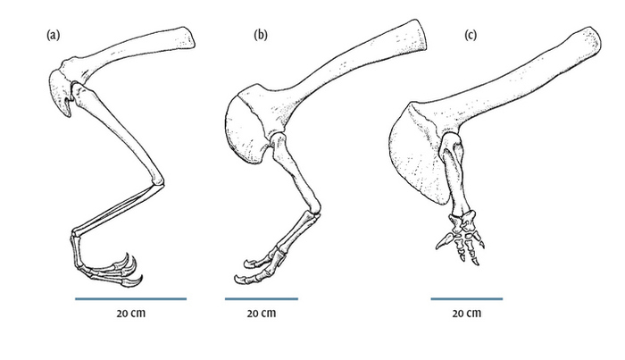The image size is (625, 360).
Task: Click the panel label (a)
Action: pyautogui.click(x=53, y=35)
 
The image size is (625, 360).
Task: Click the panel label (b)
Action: pyautogui.click(x=261, y=35)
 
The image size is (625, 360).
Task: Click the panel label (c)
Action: pyautogui.click(x=471, y=35)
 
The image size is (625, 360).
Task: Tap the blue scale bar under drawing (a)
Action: pyautogui.click(x=130, y=298)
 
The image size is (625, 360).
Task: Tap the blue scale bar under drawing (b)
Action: pyautogui.click(x=262, y=298)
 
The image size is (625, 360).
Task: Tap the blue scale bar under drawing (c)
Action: pyautogui.click(x=467, y=298)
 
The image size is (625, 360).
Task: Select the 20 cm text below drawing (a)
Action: pyautogui.click(x=131, y=314)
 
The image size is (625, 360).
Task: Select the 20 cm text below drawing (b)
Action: pyautogui.click(x=262, y=314)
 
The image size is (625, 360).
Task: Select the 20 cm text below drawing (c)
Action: pyautogui.click(x=467, y=314)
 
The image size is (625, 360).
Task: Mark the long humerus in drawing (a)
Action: pyautogui.click(x=119, y=134)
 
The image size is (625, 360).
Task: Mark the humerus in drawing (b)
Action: pyautogui.click(x=295, y=172)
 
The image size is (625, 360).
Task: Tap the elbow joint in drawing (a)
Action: pyautogui.click(x=158, y=182)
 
